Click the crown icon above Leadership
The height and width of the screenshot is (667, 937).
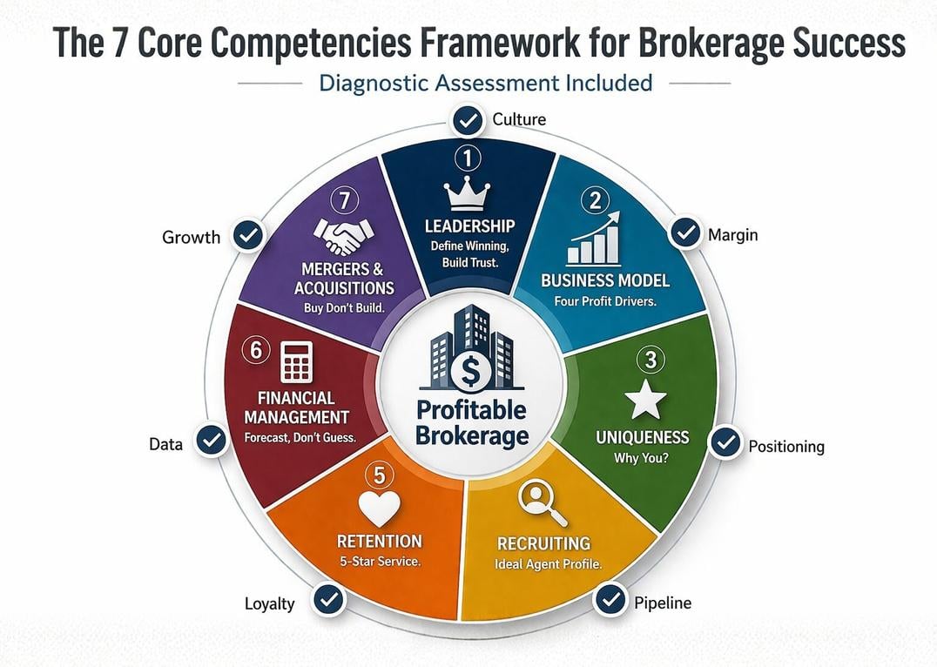[468, 196]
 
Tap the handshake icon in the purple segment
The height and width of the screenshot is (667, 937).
[344, 235]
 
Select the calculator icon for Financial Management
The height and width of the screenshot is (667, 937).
[296, 361]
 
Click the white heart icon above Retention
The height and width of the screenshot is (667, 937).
[380, 509]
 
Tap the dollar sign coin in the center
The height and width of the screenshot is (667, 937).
[470, 373]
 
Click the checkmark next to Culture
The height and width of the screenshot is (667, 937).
[468, 121]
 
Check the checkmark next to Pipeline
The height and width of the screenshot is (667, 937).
[610, 599]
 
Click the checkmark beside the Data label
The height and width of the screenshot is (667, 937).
[211, 441]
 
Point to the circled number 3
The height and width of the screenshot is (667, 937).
[651, 360]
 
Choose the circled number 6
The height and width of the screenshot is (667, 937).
[256, 350]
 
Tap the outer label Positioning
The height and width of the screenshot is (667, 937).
[786, 447]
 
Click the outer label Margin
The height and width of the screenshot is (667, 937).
[732, 235]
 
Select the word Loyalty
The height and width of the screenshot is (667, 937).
[269, 603]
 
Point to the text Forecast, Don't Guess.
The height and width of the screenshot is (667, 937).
[300, 437]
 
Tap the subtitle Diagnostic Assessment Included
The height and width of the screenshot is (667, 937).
[485, 83]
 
